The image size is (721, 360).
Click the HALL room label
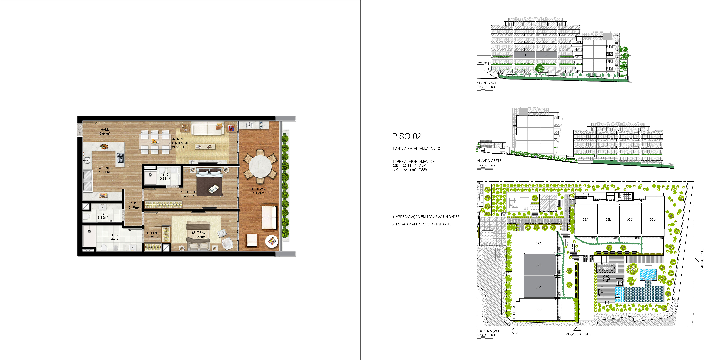pos(105,129)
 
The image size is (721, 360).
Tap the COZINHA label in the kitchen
pos(105,168)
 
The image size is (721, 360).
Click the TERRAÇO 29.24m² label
pos(259,191)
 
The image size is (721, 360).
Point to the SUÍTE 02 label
pos(199,233)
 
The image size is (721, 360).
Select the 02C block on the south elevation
pos(524,55)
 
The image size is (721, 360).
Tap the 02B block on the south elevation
pos(546,55)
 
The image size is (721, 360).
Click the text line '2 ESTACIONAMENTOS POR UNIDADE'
pos(421,224)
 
